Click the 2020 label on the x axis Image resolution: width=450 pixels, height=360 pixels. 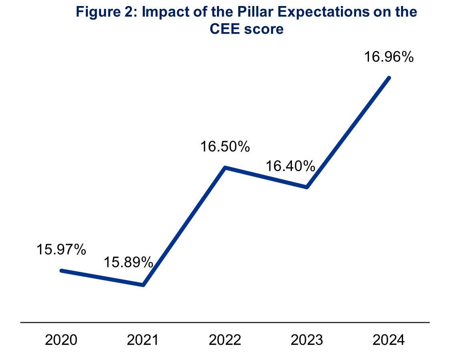(61, 340)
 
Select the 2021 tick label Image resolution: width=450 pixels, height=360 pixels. (143, 340)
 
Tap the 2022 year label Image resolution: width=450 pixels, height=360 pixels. (225, 340)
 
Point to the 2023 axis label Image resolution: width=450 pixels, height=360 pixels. (307, 340)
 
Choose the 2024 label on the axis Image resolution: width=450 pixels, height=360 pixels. (389, 340)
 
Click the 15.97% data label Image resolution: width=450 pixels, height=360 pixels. (61, 250)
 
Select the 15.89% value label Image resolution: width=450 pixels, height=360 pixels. (128, 263)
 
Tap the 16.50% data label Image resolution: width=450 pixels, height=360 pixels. (225, 147)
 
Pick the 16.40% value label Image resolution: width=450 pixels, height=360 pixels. (290, 166)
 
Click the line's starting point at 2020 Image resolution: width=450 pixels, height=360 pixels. (61, 271)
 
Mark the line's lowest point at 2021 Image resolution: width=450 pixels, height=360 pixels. (143, 285)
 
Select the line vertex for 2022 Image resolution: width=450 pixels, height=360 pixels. (225, 168)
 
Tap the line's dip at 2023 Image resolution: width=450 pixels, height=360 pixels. (307, 187)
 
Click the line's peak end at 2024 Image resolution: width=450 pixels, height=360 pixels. (389, 77)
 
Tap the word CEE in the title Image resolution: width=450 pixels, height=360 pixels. (226, 29)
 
